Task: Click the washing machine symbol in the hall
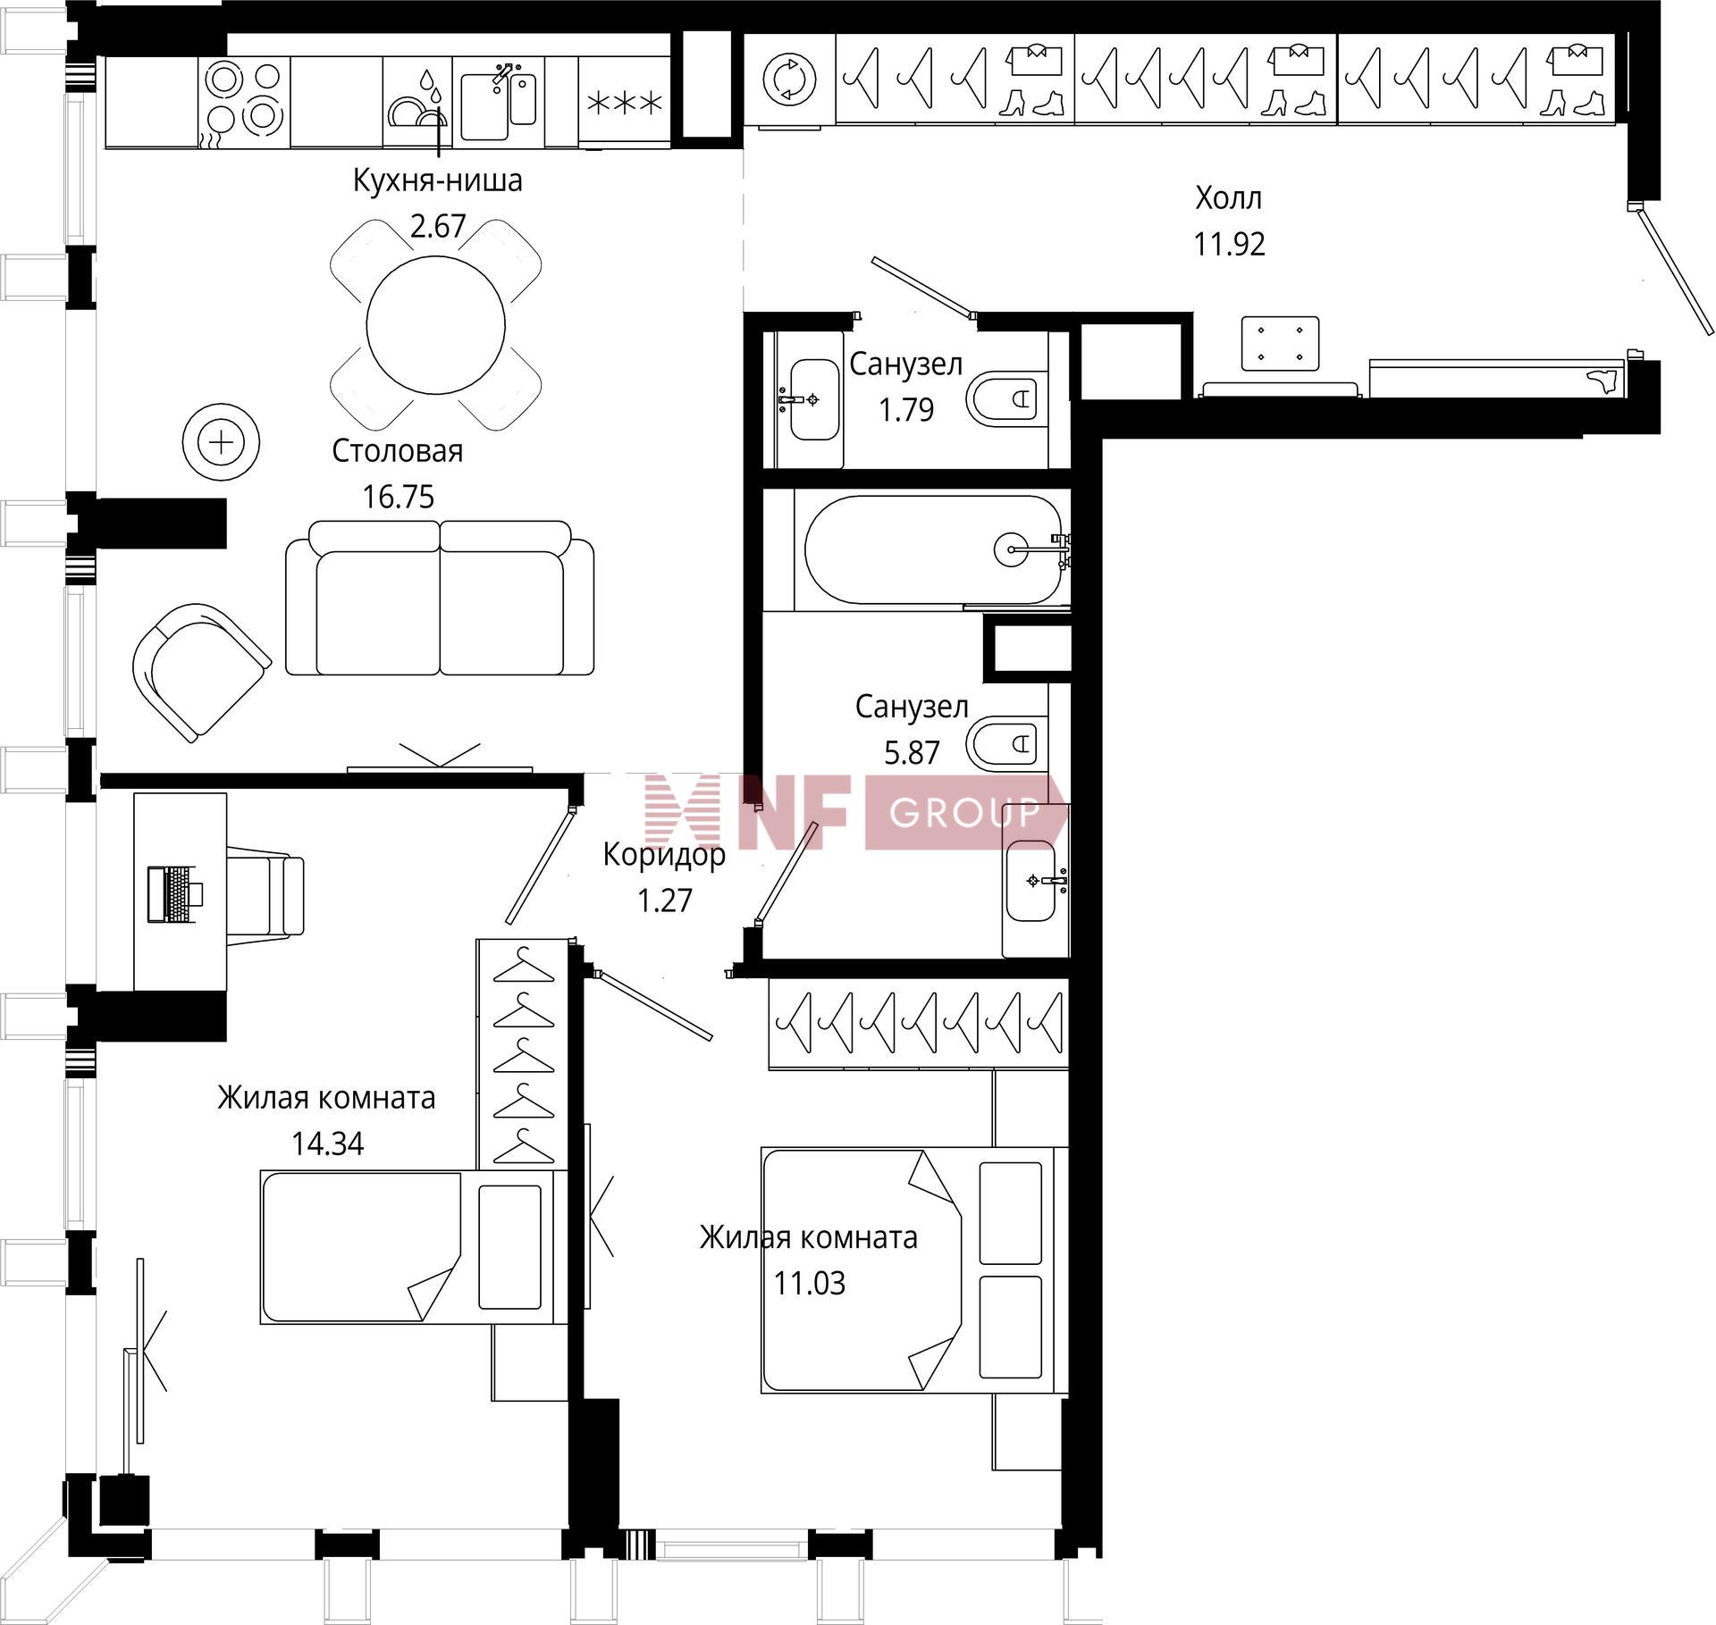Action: [790, 79]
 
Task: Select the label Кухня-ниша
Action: [437, 180]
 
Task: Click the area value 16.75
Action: [399, 496]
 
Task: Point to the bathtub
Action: [934, 549]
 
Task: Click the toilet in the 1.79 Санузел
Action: [1005, 398]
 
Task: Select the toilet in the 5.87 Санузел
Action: [1006, 742]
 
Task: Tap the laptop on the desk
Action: [175, 893]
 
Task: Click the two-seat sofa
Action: [440, 598]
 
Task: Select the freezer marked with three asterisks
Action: [624, 102]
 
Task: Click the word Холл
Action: [1229, 198]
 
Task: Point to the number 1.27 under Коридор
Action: [665, 900]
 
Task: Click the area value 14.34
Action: [328, 1143]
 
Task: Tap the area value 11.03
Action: [810, 1283]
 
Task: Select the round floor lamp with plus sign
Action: [221, 442]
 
